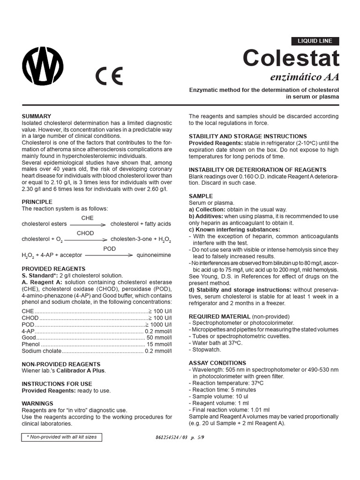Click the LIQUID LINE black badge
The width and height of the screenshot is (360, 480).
315,41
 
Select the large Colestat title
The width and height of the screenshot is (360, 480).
291,59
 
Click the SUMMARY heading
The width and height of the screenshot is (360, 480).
37,116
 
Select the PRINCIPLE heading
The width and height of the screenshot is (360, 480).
37,202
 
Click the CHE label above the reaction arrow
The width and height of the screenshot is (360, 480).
88,218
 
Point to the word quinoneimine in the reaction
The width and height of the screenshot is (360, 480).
154,255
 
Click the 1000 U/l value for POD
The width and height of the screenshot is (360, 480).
160,324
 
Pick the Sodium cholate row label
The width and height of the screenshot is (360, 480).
42,351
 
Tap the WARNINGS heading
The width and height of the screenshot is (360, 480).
37,403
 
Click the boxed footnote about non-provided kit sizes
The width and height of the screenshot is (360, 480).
61,437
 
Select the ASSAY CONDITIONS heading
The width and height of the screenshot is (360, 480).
217,363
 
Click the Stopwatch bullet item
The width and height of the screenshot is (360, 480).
207,350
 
